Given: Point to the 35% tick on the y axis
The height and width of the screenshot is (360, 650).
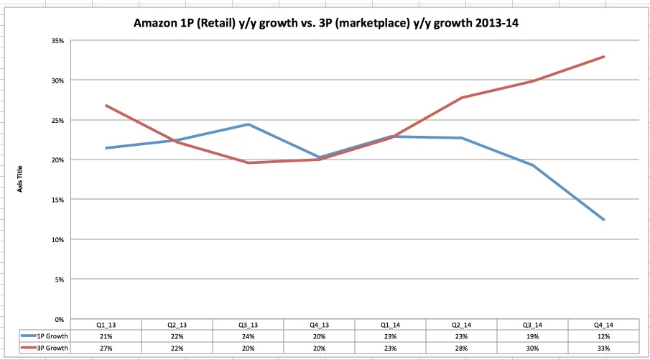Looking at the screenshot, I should click(x=59, y=41).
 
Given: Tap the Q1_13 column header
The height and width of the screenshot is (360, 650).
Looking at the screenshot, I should click(x=106, y=325).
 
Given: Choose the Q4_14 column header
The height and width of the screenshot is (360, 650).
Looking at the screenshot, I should click(x=603, y=325).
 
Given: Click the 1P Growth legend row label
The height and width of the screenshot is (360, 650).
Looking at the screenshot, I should click(x=48, y=336).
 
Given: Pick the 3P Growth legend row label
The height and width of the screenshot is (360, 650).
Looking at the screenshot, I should click(x=48, y=348).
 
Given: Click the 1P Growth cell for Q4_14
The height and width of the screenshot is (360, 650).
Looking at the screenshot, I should click(x=603, y=336).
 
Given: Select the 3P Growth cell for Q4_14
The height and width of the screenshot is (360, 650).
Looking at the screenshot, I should click(x=603, y=348).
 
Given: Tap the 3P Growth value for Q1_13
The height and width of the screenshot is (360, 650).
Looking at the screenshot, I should click(x=106, y=348).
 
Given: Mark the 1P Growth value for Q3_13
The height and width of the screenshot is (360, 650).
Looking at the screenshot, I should click(x=248, y=336).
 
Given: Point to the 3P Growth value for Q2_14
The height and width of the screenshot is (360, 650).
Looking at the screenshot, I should click(x=460, y=348).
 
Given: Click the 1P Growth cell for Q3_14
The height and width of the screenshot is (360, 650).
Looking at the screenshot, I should click(x=531, y=336).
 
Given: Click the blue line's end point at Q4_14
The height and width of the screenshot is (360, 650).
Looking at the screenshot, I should click(x=603, y=219).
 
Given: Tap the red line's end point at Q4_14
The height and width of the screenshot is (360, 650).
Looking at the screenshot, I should click(x=603, y=57).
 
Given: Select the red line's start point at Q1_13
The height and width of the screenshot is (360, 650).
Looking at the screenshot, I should click(x=106, y=106).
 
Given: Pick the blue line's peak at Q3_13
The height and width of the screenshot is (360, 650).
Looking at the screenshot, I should click(x=248, y=124).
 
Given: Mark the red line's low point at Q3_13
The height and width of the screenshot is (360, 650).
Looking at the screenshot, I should click(x=248, y=162).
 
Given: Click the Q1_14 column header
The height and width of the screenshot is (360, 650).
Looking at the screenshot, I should click(x=389, y=325).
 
